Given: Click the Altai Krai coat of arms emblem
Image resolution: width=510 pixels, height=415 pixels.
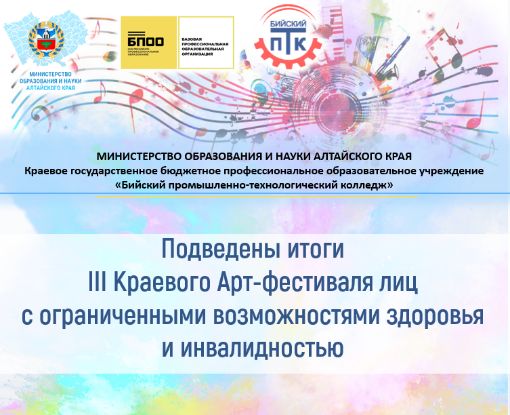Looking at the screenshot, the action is click(46, 40).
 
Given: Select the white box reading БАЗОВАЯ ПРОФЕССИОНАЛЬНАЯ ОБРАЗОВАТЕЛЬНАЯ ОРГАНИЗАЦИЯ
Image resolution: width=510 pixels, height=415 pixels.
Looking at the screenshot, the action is click(206, 43).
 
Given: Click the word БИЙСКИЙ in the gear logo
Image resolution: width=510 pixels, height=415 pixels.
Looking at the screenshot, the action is click(289, 24).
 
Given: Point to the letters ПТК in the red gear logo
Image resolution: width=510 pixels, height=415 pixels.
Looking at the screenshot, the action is click(289, 42).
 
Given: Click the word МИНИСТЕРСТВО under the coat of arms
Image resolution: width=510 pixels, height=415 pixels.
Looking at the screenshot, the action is click(50, 75).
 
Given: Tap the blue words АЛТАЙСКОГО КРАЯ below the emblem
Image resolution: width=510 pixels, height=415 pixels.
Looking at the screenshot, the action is click(50, 88).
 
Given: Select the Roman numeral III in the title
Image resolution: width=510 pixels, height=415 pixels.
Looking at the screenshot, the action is click(98, 282).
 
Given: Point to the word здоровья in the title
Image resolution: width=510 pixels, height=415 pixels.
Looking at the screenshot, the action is click(435, 316).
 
